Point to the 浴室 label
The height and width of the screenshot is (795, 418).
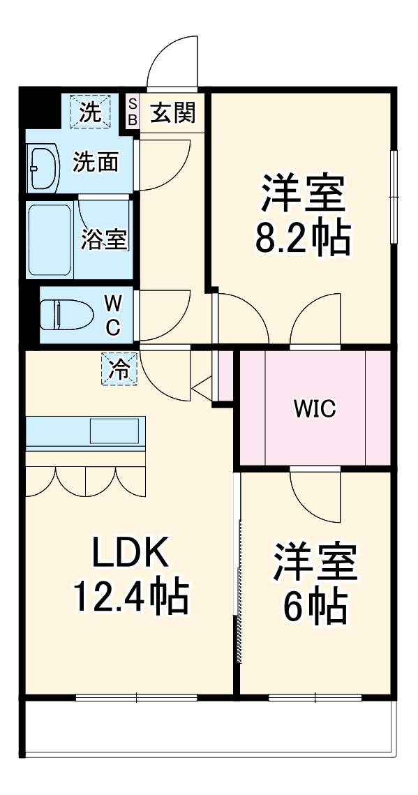coord(104,240)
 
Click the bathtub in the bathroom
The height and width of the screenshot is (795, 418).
coord(51,240)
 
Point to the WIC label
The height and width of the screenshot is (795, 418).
coord(314,409)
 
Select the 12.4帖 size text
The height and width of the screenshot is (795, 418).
coord(130,597)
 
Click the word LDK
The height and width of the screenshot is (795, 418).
coord(130,555)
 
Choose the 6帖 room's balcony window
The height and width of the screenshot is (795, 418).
coord(315,697)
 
